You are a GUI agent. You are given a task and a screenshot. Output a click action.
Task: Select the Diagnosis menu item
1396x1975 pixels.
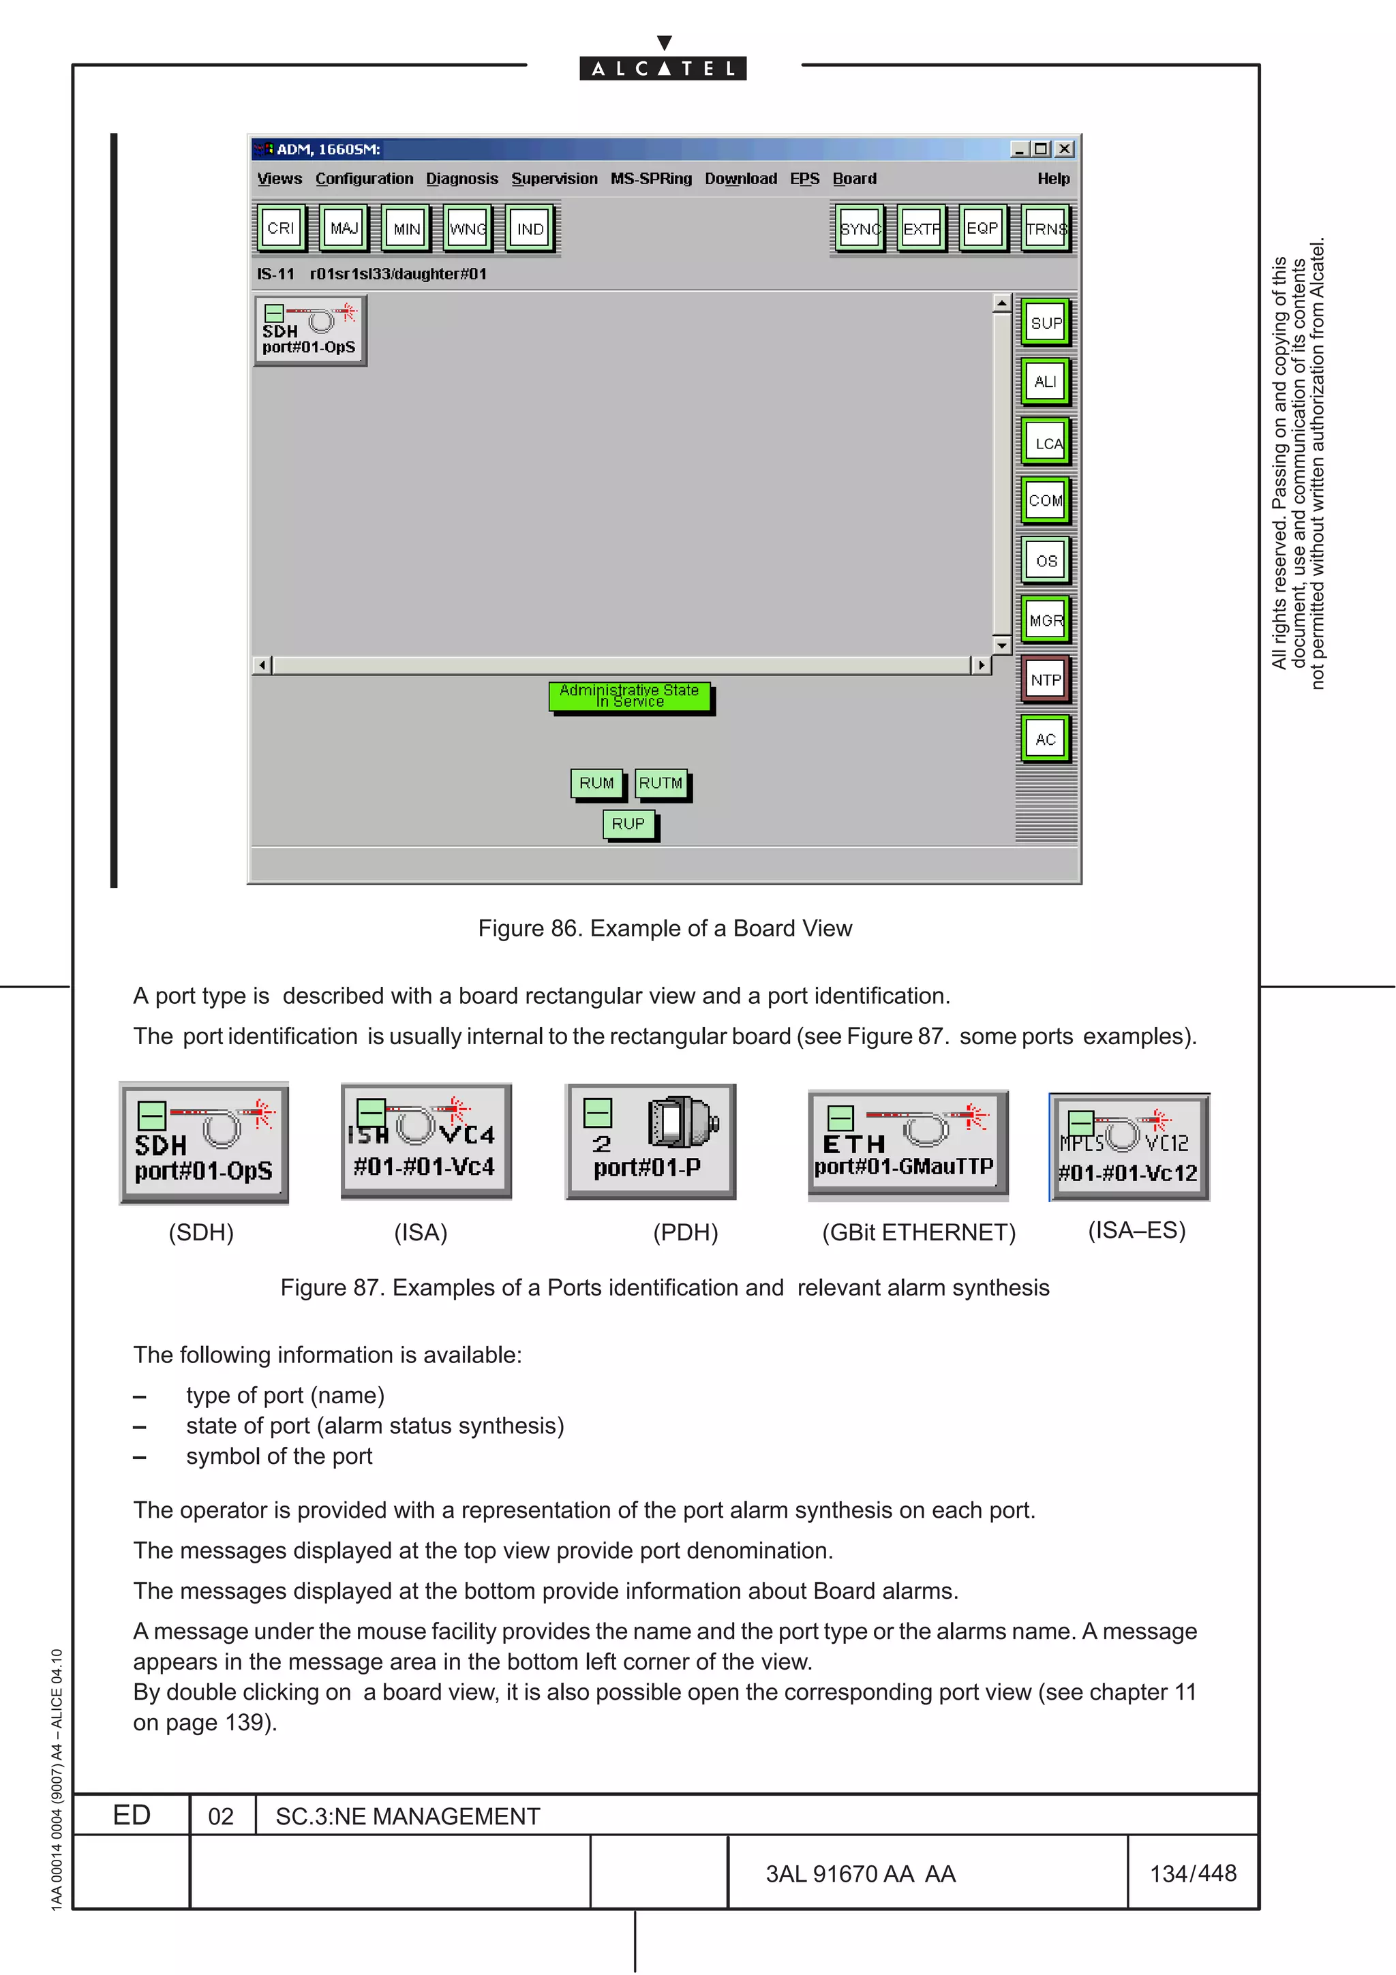462,179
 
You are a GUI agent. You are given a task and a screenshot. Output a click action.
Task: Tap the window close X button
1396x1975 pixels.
1065,149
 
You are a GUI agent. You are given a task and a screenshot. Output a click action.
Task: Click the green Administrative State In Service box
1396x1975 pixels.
630,696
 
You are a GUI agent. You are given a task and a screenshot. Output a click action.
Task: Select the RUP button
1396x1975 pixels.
628,824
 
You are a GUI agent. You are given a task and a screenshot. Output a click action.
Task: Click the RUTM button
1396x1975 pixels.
661,783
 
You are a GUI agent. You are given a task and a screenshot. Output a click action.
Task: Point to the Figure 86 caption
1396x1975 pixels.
664,928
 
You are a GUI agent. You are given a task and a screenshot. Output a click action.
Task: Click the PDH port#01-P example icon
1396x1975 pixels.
650,1142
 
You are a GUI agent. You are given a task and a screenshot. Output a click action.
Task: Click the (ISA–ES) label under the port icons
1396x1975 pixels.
1136,1230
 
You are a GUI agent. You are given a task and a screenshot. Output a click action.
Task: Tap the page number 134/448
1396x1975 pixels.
1192,1873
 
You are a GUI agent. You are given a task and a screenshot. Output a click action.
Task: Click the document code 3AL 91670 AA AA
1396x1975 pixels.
860,1873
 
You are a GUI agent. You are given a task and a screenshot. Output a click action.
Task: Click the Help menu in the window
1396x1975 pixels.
1053,179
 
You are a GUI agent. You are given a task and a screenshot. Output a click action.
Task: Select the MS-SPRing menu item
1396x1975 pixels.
650,179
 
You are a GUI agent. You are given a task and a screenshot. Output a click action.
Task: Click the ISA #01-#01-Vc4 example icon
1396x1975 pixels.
426,1141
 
